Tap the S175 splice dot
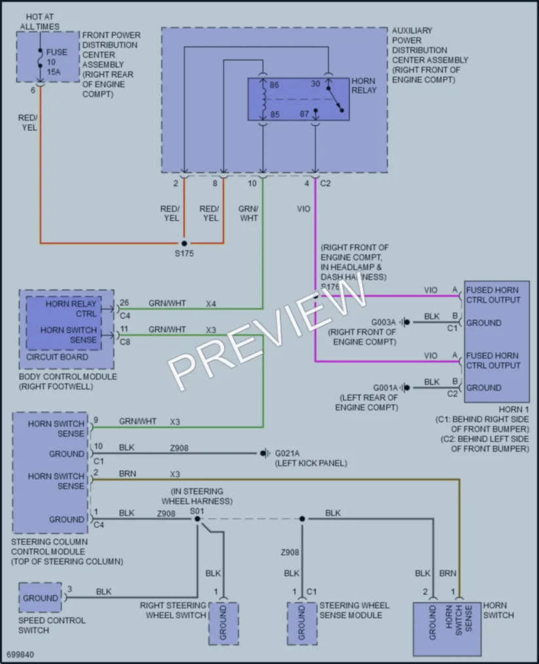pos(184,243)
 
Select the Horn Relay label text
pos(364,86)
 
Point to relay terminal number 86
pos(274,85)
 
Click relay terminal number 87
pos(304,114)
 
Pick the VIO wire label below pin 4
pos(303,209)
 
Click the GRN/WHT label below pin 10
pos(248,214)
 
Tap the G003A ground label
pos(383,322)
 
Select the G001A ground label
pos(385,388)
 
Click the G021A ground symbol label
pos(288,454)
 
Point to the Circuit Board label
pos(57,357)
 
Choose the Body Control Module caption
pos(67,381)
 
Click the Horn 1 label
pos(513,410)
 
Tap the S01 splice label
pos(196,511)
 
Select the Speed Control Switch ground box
pos(40,598)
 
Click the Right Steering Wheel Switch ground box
pos(223,623)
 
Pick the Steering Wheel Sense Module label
pos(354,610)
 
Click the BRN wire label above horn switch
pos(447,574)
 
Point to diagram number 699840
pos(20,655)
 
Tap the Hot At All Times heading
pos(40,22)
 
